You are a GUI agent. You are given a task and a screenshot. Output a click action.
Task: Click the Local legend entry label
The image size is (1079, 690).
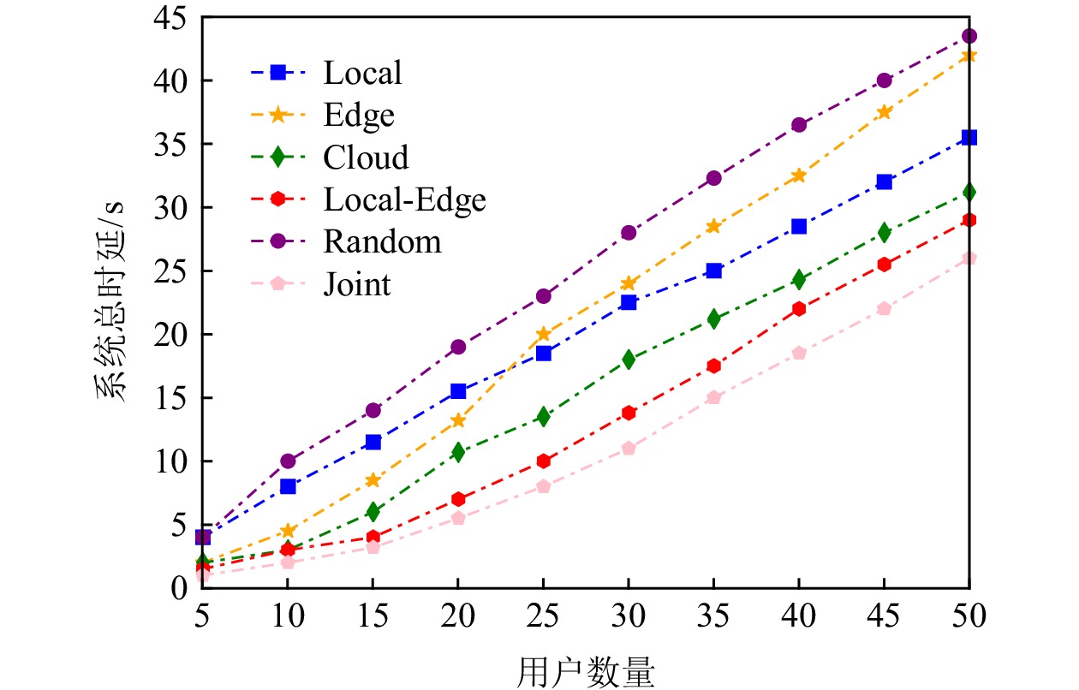362,73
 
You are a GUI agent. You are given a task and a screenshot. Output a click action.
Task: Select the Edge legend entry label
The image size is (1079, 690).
359,115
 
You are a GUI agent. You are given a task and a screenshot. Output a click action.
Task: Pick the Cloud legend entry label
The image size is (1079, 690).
366,158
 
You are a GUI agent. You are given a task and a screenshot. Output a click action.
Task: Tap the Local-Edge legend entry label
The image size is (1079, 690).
404,199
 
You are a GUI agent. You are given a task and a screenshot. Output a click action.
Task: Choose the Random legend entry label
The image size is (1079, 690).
382,241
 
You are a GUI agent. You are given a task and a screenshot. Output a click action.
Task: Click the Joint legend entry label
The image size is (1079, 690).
357,283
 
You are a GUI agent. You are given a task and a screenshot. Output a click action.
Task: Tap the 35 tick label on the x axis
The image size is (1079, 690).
713,616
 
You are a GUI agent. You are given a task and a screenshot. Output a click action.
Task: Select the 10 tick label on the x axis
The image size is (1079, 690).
288,616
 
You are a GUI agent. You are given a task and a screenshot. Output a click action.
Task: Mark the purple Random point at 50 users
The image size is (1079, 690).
969,36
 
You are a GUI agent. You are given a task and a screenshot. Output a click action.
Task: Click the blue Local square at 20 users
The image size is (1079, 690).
458,391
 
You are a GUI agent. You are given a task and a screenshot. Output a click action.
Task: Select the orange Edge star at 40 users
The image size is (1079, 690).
798,175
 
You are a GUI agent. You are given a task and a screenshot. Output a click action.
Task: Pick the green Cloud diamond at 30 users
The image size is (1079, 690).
629,360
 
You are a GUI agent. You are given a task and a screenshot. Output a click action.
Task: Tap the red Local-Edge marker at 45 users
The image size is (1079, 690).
884,265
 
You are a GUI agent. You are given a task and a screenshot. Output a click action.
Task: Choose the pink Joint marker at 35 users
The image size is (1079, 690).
713,397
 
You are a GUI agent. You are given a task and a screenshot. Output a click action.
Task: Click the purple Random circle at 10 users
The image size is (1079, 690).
288,461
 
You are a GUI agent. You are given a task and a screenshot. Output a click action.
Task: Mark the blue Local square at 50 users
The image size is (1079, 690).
969,137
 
